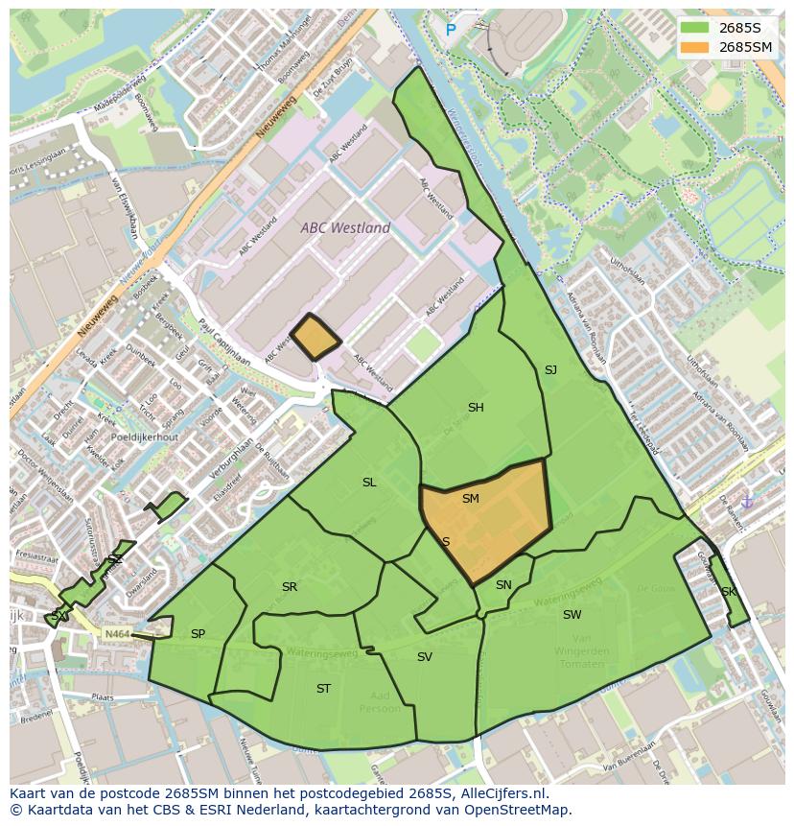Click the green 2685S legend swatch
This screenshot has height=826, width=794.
point(695,28)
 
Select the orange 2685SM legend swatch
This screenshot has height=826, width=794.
point(695,46)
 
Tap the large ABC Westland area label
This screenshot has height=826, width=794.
point(345,228)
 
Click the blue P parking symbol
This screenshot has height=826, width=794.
point(451,31)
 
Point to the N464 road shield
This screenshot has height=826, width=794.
point(117,633)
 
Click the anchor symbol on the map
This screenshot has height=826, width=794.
point(748,502)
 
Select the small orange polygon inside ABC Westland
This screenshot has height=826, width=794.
point(314,338)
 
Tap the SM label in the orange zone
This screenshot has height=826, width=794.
point(470,499)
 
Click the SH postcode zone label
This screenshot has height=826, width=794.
point(476,408)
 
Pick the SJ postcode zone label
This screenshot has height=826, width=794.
point(550,370)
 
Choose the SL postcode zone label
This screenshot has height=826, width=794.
point(369,483)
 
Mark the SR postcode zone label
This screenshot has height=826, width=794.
point(290,587)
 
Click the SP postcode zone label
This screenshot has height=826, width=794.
point(198,634)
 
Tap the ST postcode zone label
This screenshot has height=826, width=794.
point(323,689)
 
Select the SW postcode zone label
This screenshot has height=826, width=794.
point(572,615)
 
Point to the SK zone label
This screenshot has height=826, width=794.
point(729,592)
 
